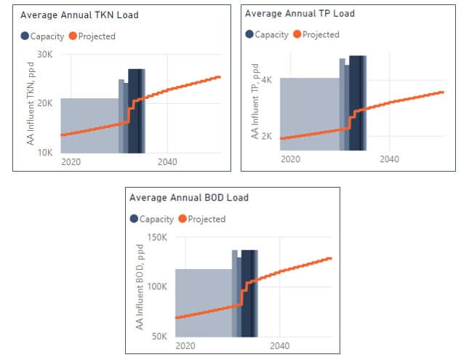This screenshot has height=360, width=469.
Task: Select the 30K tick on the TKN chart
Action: [x=45, y=55]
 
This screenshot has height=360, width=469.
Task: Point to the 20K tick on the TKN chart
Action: [x=45, y=103]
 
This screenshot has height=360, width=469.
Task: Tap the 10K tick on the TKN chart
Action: [x=45, y=152]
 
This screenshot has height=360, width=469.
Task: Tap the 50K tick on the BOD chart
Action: [x=160, y=336]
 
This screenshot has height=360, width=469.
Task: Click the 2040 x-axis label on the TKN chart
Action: [x=167, y=162]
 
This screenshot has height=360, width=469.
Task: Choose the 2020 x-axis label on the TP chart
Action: [x=290, y=159]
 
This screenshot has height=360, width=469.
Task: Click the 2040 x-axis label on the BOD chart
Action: [x=280, y=345]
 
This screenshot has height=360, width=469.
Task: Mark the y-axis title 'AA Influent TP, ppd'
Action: [x=255, y=101]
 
